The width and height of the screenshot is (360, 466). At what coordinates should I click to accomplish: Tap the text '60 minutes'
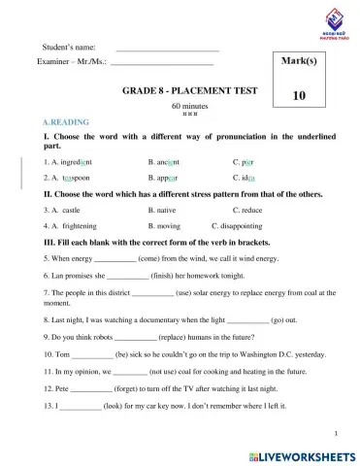189,105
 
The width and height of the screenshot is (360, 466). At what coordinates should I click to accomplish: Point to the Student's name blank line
167,47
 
